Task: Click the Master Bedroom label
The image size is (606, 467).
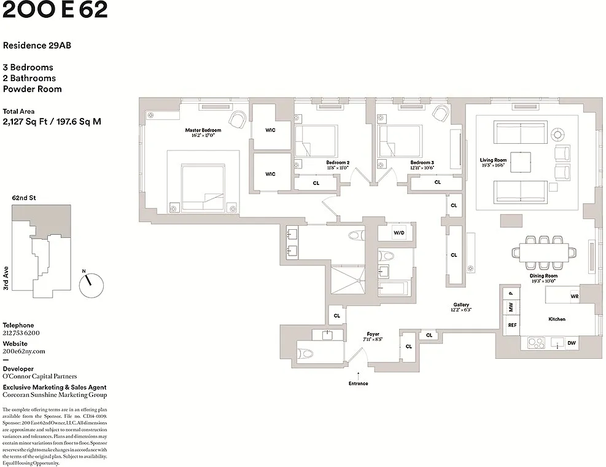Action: point(203,130)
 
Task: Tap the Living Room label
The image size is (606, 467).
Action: point(493,160)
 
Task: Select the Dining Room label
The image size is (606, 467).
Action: point(543,276)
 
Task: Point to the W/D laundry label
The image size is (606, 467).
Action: point(398,233)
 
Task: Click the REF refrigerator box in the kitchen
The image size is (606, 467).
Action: point(512,325)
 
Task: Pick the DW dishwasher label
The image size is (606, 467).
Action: point(571,343)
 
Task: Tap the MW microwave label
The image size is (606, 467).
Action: point(511,307)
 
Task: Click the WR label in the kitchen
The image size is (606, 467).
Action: point(574,296)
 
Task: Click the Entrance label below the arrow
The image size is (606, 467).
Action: point(358,383)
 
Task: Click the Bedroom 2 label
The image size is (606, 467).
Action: point(338,163)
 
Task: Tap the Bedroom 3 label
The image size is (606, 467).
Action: point(422,163)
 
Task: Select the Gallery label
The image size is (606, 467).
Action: point(461,305)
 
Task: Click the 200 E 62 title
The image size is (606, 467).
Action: point(55,10)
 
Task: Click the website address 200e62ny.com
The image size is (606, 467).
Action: point(24,351)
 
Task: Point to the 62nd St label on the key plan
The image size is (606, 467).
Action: point(24,198)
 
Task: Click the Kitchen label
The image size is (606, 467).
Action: point(557,319)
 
